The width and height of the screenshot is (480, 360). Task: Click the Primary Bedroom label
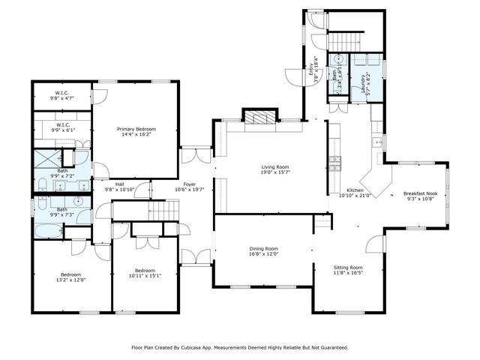coord(136,130)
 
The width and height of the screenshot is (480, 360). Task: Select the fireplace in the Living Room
coord(260,117)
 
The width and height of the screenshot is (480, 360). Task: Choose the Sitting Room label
coord(348,268)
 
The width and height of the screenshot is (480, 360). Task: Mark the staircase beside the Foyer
coord(166,211)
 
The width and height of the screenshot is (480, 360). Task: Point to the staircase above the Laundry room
coord(346,39)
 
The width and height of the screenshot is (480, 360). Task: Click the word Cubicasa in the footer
coord(202,347)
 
